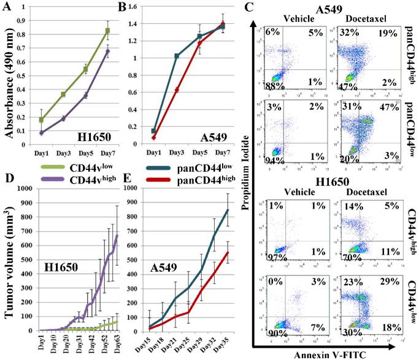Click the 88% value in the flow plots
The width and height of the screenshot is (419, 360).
[x=273, y=88]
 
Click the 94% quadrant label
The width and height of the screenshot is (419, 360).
[x=272, y=160]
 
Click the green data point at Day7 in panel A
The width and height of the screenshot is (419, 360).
[x=107, y=31]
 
